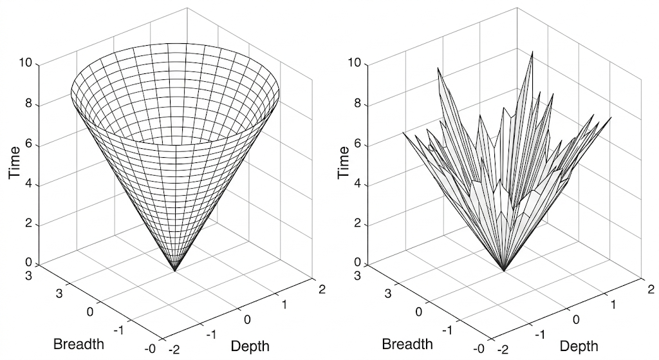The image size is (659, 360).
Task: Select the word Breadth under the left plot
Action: pos(79,343)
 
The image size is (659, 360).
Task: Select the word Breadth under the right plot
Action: pos(407,343)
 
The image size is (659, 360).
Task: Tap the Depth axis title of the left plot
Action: pos(250,346)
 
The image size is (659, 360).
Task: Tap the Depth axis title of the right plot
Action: pos(579,346)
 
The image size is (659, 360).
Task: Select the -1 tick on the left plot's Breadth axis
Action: pos(118,330)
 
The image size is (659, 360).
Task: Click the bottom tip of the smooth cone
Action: pos(174,270)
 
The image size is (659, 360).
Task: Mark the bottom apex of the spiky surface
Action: pos(504,270)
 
